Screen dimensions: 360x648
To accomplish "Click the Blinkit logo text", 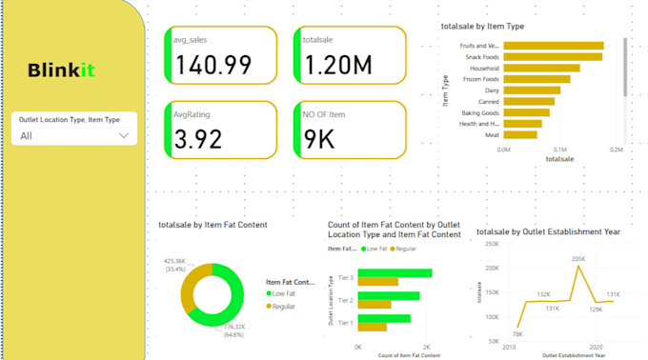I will coord(61,70).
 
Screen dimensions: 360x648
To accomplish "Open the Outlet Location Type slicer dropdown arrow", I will coord(123,135).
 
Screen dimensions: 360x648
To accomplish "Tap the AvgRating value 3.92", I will coord(198,139).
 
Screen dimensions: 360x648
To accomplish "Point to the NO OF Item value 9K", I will coord(318,139).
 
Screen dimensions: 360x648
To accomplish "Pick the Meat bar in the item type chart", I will coord(520,135).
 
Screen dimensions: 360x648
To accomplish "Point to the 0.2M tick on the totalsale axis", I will coord(617,150).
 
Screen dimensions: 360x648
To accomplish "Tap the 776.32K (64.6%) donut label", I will coord(233,330).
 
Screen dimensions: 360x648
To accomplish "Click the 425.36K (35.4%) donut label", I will coord(174,264).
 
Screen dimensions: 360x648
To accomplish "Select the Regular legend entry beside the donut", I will coord(284,307).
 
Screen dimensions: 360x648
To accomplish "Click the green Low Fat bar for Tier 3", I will coord(395,273).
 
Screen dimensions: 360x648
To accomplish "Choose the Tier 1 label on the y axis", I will coord(345,323).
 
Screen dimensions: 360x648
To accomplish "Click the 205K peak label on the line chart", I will coord(578,258).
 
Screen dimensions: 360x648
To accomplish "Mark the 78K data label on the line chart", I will coord(517,334).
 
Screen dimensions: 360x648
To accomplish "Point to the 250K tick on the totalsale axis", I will coord(493,243).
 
